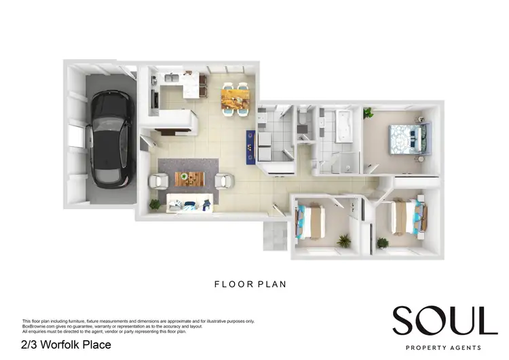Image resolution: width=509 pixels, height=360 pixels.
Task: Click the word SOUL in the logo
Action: coord(445,320)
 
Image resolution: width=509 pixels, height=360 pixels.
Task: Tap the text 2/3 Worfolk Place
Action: coord(66,345)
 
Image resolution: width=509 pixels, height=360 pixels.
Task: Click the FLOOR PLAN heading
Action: coord(250,285)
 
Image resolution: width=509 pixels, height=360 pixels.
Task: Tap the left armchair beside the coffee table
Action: coord(159,181)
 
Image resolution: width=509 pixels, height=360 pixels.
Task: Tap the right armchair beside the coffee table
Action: coord(224,181)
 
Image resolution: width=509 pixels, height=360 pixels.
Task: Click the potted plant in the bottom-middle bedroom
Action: coord(344,240)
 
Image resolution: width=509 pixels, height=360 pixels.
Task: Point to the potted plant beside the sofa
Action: coord(155,203)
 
